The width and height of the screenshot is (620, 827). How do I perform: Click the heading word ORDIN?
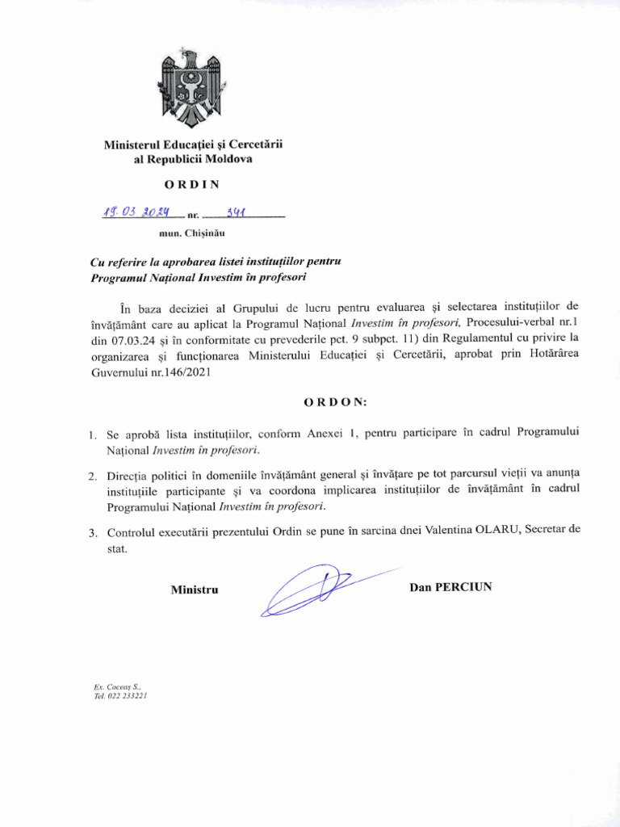click(x=192, y=183)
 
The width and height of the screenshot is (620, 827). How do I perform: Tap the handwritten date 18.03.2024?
click(x=136, y=212)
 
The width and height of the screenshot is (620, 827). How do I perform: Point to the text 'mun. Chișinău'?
click(x=192, y=233)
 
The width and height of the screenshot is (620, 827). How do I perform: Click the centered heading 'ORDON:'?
click(x=335, y=401)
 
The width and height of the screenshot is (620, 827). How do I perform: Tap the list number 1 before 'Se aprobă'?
click(x=93, y=436)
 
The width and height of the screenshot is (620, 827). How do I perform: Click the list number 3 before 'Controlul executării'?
click(x=93, y=533)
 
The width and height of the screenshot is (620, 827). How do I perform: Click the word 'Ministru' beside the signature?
click(x=195, y=590)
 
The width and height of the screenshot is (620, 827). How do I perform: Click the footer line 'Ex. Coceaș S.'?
click(x=117, y=686)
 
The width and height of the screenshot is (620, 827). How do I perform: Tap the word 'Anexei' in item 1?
click(x=325, y=434)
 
